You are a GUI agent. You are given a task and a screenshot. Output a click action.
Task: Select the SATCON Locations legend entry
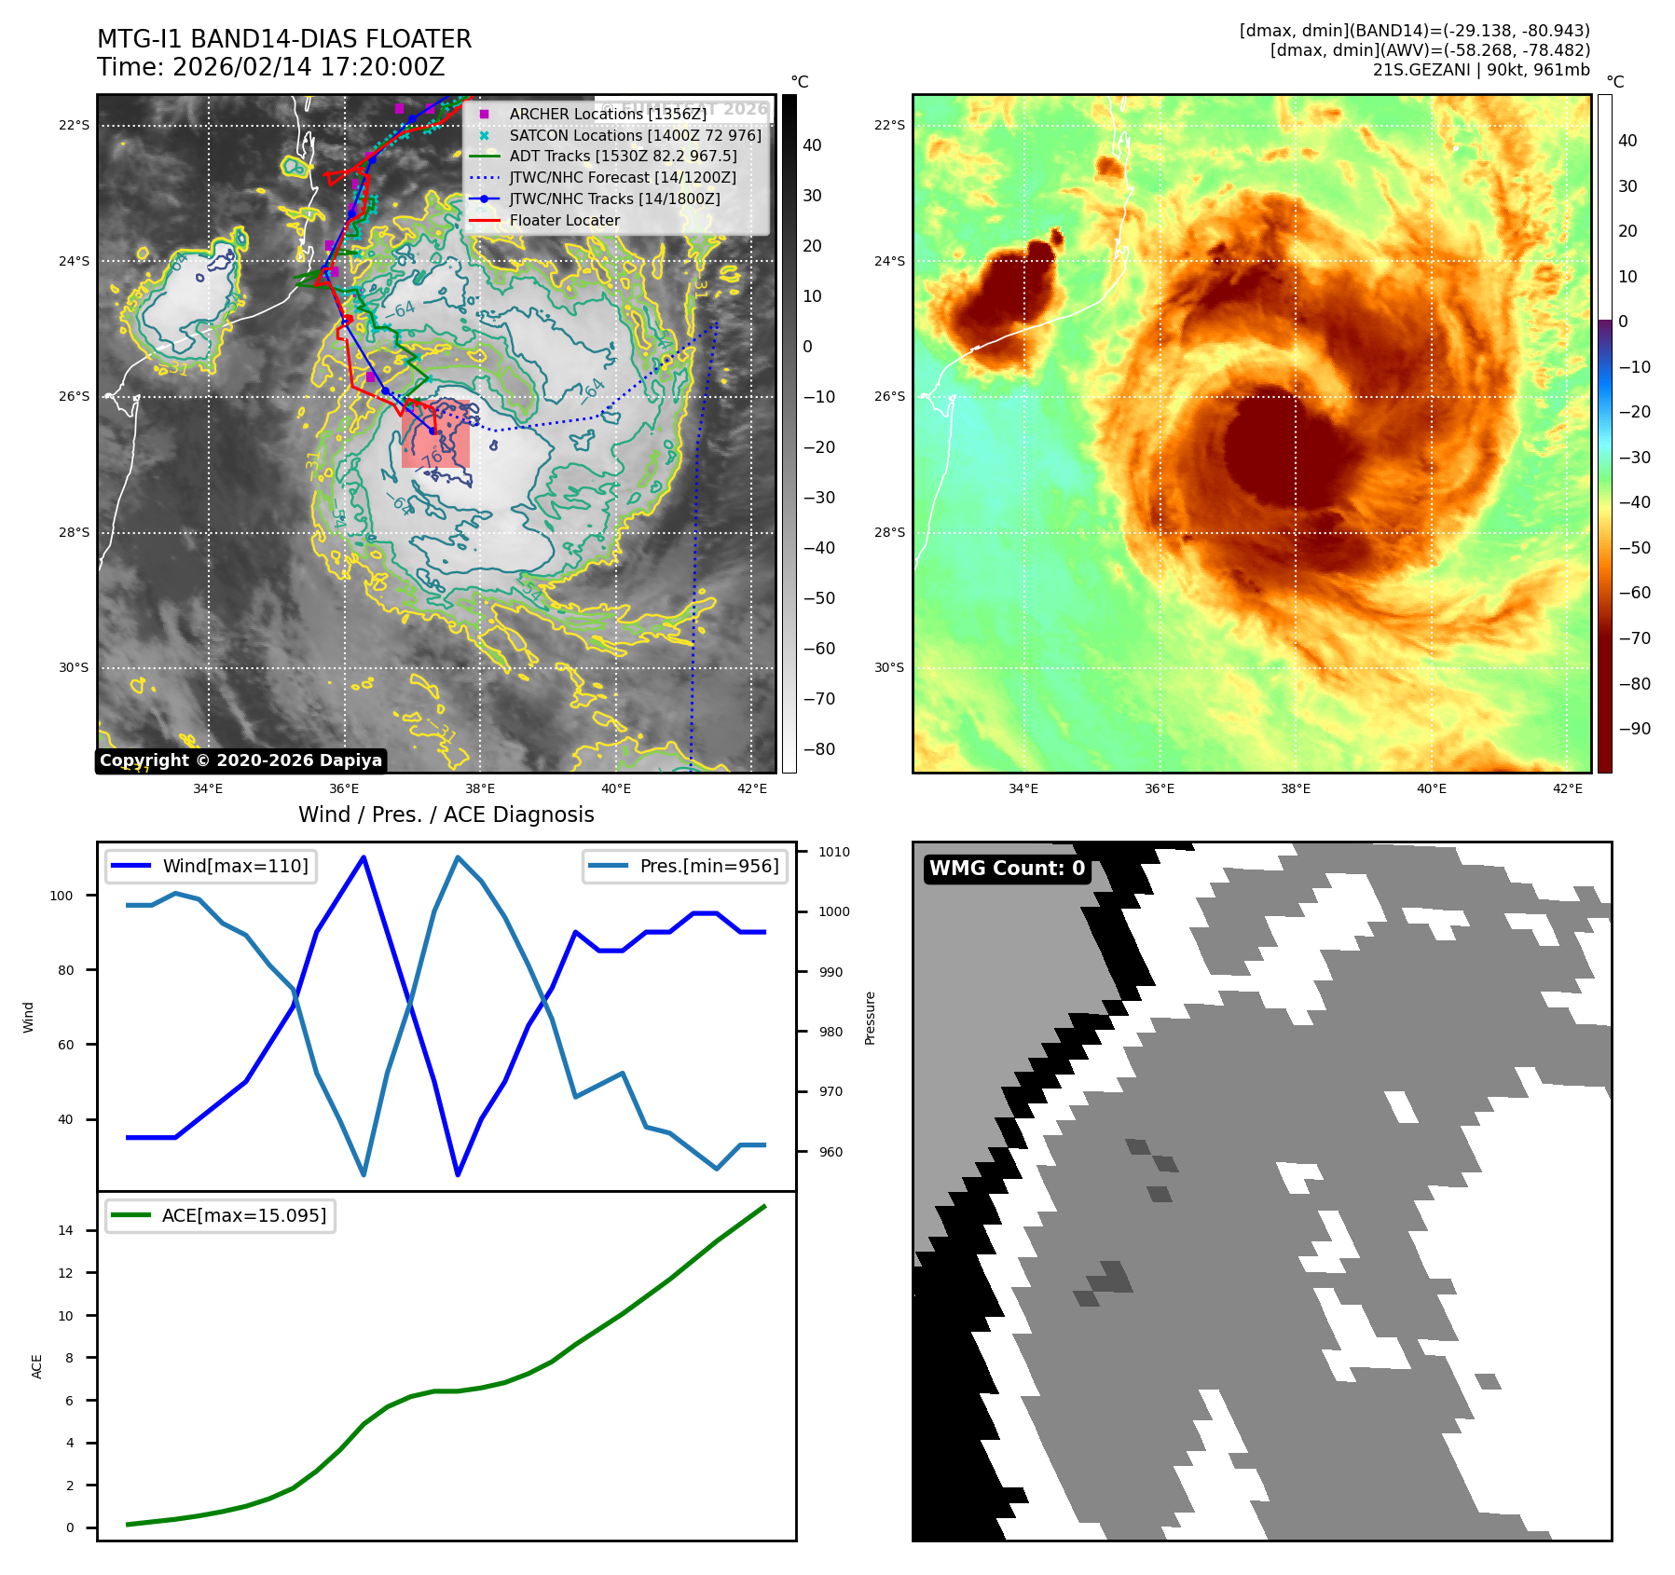click(x=635, y=135)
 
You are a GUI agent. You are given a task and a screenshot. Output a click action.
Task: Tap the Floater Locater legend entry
click(x=564, y=221)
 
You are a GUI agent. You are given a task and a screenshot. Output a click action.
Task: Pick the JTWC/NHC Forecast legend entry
click(x=623, y=178)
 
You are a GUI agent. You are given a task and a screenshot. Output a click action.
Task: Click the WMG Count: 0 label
click(x=1007, y=869)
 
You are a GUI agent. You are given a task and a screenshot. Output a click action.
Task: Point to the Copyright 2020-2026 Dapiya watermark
click(x=240, y=760)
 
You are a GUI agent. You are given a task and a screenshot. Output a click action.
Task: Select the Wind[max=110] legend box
click(x=212, y=867)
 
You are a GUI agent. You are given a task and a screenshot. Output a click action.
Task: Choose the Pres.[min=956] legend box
click(x=685, y=867)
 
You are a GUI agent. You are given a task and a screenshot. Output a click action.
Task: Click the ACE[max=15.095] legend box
click(x=221, y=1216)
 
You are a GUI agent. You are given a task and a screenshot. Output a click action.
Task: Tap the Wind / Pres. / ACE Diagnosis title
click(x=446, y=815)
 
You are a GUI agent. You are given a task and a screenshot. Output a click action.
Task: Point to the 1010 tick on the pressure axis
click(x=834, y=852)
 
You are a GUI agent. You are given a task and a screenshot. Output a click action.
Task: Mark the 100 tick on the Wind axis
click(x=61, y=896)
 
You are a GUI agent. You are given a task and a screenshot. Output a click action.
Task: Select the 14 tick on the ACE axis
click(x=65, y=1231)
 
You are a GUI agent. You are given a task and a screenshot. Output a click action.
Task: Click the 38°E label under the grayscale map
click(x=479, y=789)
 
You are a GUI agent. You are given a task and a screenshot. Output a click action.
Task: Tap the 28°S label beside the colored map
click(x=889, y=533)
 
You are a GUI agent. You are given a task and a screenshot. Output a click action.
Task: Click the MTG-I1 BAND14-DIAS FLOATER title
click(x=284, y=39)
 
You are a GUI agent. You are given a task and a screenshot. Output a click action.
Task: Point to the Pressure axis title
click(x=871, y=1018)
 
